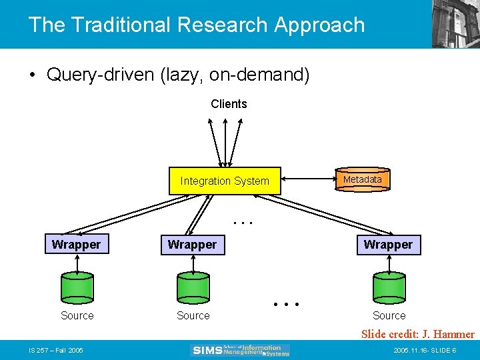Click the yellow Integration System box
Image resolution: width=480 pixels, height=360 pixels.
[225, 181]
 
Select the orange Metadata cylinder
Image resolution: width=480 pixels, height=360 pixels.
[363, 180]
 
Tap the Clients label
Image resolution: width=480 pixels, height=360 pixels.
[229, 104]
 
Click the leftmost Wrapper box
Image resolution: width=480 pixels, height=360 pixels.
[76, 245]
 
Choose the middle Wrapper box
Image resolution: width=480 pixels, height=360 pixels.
[192, 245]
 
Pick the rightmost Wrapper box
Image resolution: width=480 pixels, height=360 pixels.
[388, 245]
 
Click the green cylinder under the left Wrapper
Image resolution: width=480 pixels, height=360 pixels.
[77, 287]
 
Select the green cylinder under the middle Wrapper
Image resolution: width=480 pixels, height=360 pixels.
[193, 287]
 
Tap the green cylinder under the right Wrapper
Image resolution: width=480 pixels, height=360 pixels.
[389, 287]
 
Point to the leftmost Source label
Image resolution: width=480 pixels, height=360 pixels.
[77, 315]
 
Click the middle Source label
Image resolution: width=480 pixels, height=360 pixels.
[193, 315]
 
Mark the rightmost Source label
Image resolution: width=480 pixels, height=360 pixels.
[389, 315]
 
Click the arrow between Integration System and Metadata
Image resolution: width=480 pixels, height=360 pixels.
[307, 180]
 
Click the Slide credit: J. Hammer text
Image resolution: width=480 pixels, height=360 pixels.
[418, 334]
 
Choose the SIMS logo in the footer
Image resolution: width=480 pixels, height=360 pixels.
[240, 349]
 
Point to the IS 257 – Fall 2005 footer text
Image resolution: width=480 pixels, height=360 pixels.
[56, 350]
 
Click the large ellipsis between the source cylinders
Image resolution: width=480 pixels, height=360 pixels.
[287, 305]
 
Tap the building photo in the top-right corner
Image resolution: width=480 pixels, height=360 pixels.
[456, 23]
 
